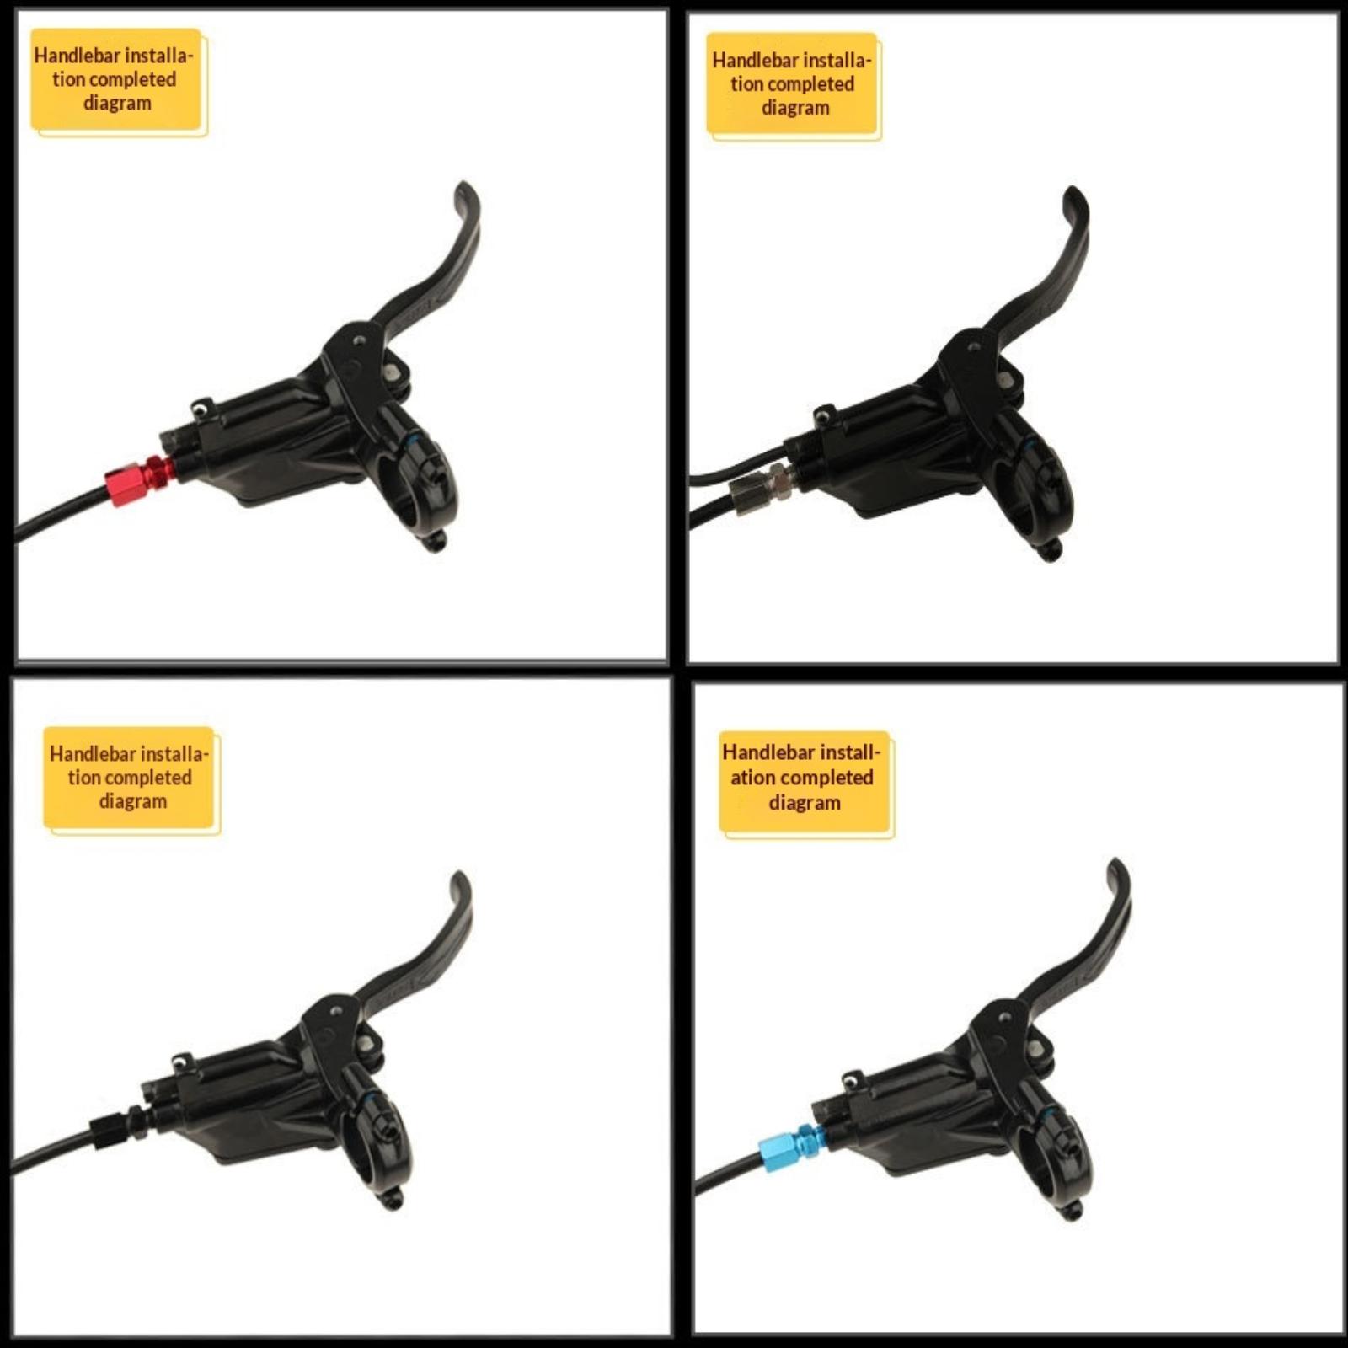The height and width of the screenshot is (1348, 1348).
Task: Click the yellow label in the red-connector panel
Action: (118, 82)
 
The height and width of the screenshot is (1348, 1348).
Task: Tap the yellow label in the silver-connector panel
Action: (793, 86)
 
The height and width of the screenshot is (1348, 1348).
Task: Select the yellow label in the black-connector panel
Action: (131, 779)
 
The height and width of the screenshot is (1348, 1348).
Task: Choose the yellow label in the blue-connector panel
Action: (805, 784)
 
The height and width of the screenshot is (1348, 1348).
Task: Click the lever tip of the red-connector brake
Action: (463, 186)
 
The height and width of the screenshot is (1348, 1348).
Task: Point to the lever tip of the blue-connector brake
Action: (1118, 864)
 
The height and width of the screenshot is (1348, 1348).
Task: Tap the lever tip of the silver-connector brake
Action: (1073, 191)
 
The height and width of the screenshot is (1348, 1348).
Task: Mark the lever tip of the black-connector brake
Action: (459, 877)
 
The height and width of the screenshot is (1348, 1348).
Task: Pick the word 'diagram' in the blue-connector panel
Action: (805, 803)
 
